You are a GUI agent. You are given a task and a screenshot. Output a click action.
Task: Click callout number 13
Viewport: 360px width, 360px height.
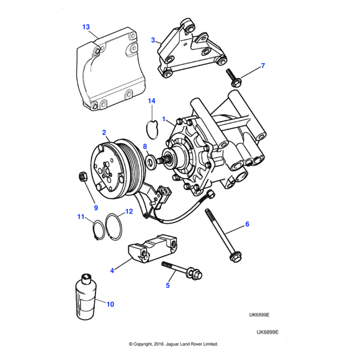coord(86,27)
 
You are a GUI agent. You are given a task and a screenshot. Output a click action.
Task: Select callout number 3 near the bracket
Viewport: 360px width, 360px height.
coord(154,40)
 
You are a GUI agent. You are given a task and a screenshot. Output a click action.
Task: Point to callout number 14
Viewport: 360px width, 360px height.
coord(152,101)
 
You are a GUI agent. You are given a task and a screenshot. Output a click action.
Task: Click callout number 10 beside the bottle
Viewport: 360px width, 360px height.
coord(110,304)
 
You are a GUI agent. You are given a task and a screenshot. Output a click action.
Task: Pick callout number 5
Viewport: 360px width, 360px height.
coord(168,286)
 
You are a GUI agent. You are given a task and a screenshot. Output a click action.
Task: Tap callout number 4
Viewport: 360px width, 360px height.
coord(112,271)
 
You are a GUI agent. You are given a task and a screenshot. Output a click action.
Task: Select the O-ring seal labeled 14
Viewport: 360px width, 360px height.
coord(152,127)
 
